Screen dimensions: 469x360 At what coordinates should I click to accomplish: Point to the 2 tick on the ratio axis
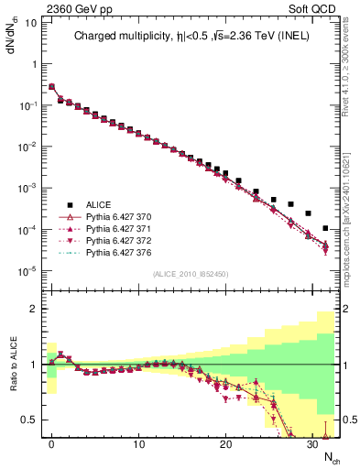tap(34, 310)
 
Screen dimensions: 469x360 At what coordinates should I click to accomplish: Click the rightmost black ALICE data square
tap(326, 227)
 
